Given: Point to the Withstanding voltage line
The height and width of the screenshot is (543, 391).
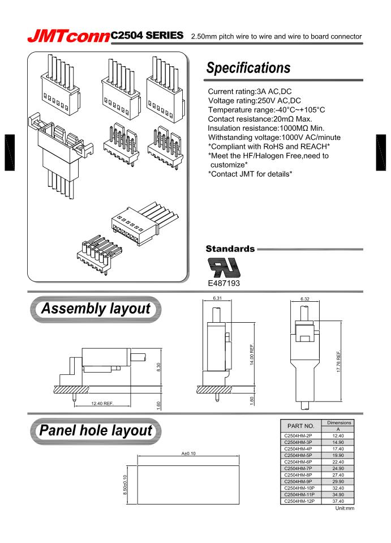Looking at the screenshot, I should pyautogui.click(x=274, y=137).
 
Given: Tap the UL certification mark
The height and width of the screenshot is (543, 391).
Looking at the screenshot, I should pyautogui.click(x=225, y=268).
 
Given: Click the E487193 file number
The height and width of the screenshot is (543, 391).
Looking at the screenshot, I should pyautogui.click(x=224, y=284).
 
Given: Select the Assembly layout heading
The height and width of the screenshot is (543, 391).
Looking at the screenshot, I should pyautogui.click(x=95, y=309).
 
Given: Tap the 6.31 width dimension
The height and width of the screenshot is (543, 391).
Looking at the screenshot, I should pyautogui.click(x=217, y=298).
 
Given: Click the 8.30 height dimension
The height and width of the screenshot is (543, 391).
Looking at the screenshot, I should pyautogui.click(x=158, y=367).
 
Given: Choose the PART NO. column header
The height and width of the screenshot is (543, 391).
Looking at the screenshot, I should pyautogui.click(x=301, y=425).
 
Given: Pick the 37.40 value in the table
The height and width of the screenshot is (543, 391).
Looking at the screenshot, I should pyautogui.click(x=338, y=501).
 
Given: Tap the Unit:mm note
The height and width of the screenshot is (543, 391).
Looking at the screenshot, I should pyautogui.click(x=344, y=508).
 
